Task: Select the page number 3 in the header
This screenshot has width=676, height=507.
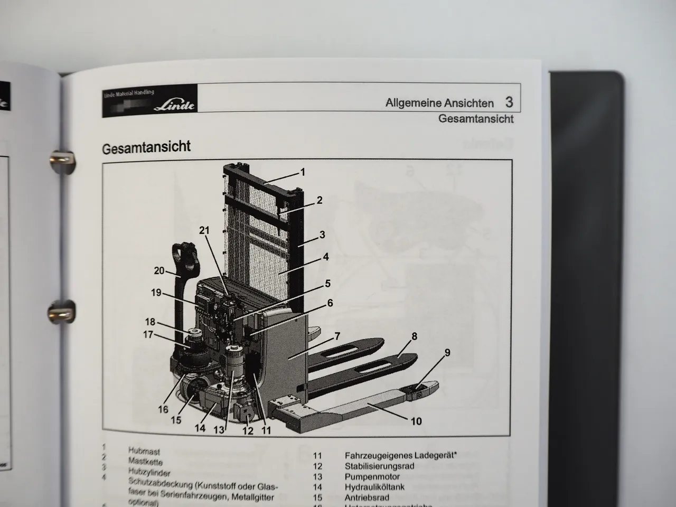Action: (509, 102)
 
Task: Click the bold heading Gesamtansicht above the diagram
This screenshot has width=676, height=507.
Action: (146, 147)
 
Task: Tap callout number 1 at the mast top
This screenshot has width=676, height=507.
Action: (303, 172)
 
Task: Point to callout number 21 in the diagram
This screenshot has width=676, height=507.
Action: (204, 230)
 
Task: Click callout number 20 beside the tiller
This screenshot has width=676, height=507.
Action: (159, 270)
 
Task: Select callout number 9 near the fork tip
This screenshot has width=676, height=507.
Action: (447, 353)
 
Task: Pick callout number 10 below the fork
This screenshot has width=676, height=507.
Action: (416, 421)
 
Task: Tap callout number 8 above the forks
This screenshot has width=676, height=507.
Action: (414, 336)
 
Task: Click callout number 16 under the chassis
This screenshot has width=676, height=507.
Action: (163, 409)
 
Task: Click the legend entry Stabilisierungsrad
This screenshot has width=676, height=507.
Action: (379, 466)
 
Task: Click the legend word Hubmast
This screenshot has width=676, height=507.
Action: (144, 452)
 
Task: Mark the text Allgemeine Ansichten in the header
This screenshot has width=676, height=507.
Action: (439, 103)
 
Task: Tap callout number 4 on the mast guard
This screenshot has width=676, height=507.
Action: (326, 257)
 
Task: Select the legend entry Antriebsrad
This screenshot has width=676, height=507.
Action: (367, 497)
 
